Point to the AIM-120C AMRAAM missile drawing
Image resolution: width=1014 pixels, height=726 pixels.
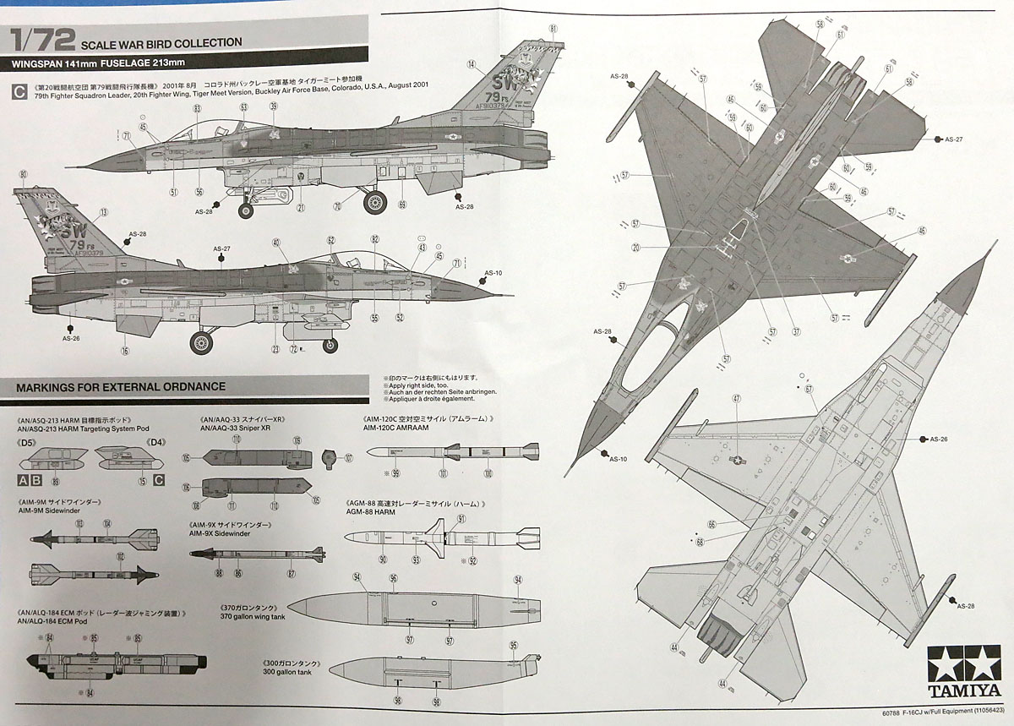click(x=453, y=452)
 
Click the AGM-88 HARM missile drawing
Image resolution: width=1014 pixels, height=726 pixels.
click(x=443, y=536)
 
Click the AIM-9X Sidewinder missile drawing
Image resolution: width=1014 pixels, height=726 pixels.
click(x=257, y=554)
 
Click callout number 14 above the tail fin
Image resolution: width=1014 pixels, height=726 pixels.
click(x=471, y=64)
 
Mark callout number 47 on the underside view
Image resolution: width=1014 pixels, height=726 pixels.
click(x=736, y=398)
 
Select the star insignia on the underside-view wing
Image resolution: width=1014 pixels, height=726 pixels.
click(x=738, y=459)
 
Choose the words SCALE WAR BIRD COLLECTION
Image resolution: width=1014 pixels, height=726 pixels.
click(x=161, y=42)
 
